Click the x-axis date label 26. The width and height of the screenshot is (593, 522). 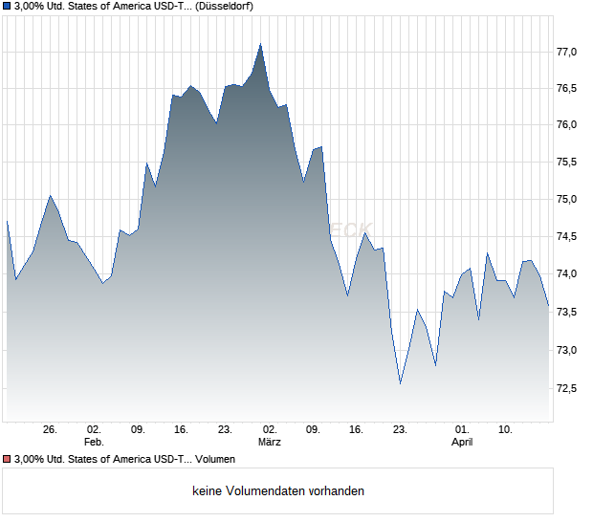tap(51, 429)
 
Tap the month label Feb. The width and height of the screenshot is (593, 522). tap(93, 443)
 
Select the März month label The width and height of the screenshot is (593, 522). tap(269, 443)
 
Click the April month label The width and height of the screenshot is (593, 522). tap(462, 443)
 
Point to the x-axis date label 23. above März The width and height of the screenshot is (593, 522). tap(226, 429)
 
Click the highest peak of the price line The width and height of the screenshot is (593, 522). tap(260, 44)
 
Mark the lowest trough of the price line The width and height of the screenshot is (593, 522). tap(400, 383)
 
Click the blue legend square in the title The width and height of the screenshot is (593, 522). tap(7, 6)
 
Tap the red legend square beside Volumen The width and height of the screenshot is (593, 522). tap(7, 460)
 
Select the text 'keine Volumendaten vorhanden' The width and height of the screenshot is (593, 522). tap(278, 491)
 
